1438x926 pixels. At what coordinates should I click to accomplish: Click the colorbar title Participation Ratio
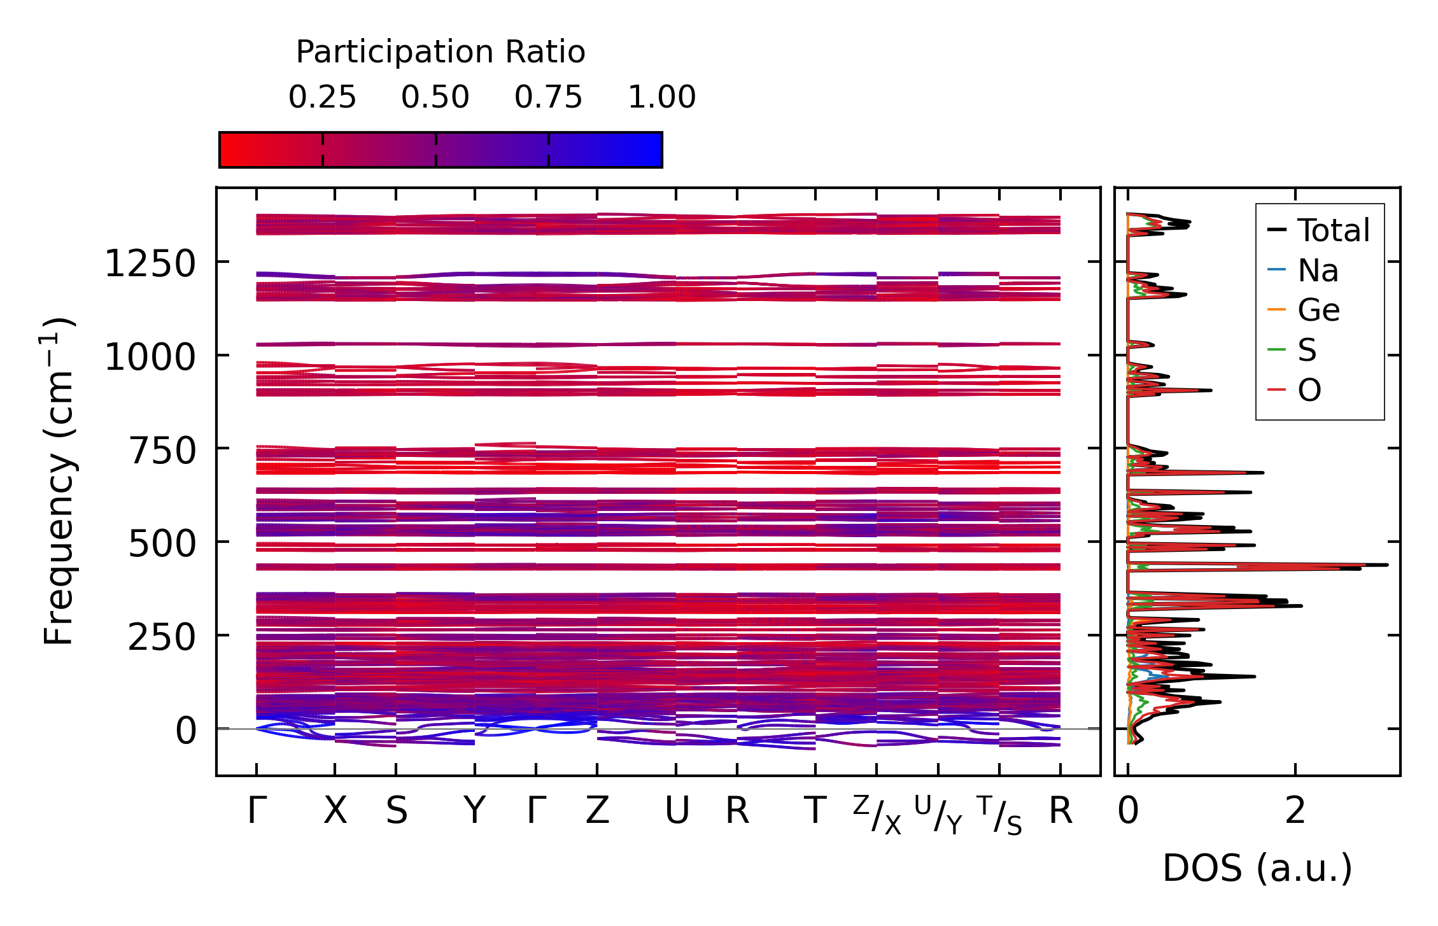tap(441, 52)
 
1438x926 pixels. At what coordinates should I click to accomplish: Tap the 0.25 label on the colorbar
tap(322, 97)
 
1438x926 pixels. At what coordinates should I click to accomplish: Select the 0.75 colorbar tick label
tap(548, 97)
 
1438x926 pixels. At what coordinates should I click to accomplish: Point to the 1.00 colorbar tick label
tap(661, 97)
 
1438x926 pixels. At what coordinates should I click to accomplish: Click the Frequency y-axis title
tap(59, 481)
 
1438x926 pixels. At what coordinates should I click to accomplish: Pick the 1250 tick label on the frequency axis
tap(150, 263)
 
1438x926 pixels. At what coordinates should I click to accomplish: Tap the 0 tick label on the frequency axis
tap(186, 731)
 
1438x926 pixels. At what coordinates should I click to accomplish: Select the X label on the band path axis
tap(335, 811)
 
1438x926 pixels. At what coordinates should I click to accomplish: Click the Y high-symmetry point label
tap(474, 811)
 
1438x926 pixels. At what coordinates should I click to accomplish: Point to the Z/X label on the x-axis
tap(877, 814)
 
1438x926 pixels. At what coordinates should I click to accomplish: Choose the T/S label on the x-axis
tap(999, 814)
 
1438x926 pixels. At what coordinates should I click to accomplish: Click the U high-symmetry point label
tap(676, 811)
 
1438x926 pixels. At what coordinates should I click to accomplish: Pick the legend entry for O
tap(1309, 390)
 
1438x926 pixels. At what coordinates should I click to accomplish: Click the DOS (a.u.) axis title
tap(1257, 869)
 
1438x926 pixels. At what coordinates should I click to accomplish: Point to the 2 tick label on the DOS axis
tap(1295, 811)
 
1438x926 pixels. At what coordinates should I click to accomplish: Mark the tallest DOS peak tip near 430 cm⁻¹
tap(1386, 565)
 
